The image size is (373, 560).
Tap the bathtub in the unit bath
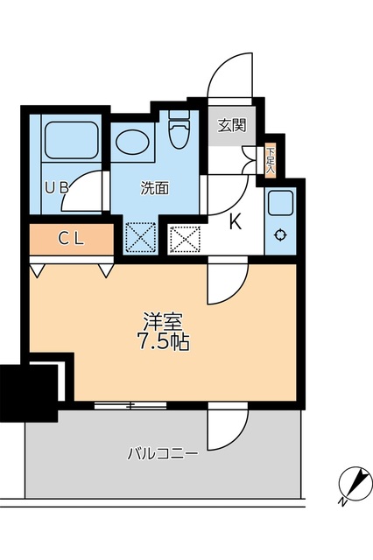pyautogui.click(x=70, y=139)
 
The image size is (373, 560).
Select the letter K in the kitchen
pyautogui.click(x=235, y=222)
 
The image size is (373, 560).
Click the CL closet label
pyautogui.click(x=72, y=237)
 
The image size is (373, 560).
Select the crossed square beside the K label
pyautogui.click(x=184, y=238)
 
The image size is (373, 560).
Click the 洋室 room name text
pyautogui.click(x=163, y=320)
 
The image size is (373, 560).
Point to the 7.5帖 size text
pyautogui.click(x=163, y=341)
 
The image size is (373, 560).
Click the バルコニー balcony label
pyautogui.click(x=162, y=453)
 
